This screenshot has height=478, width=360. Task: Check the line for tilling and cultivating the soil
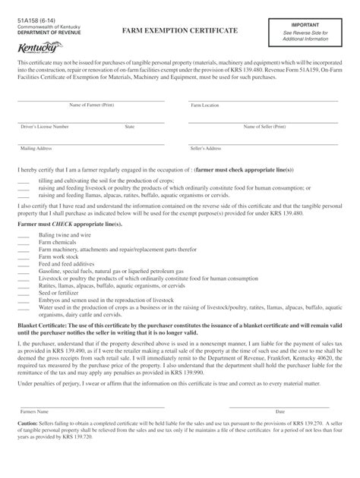[23, 182]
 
